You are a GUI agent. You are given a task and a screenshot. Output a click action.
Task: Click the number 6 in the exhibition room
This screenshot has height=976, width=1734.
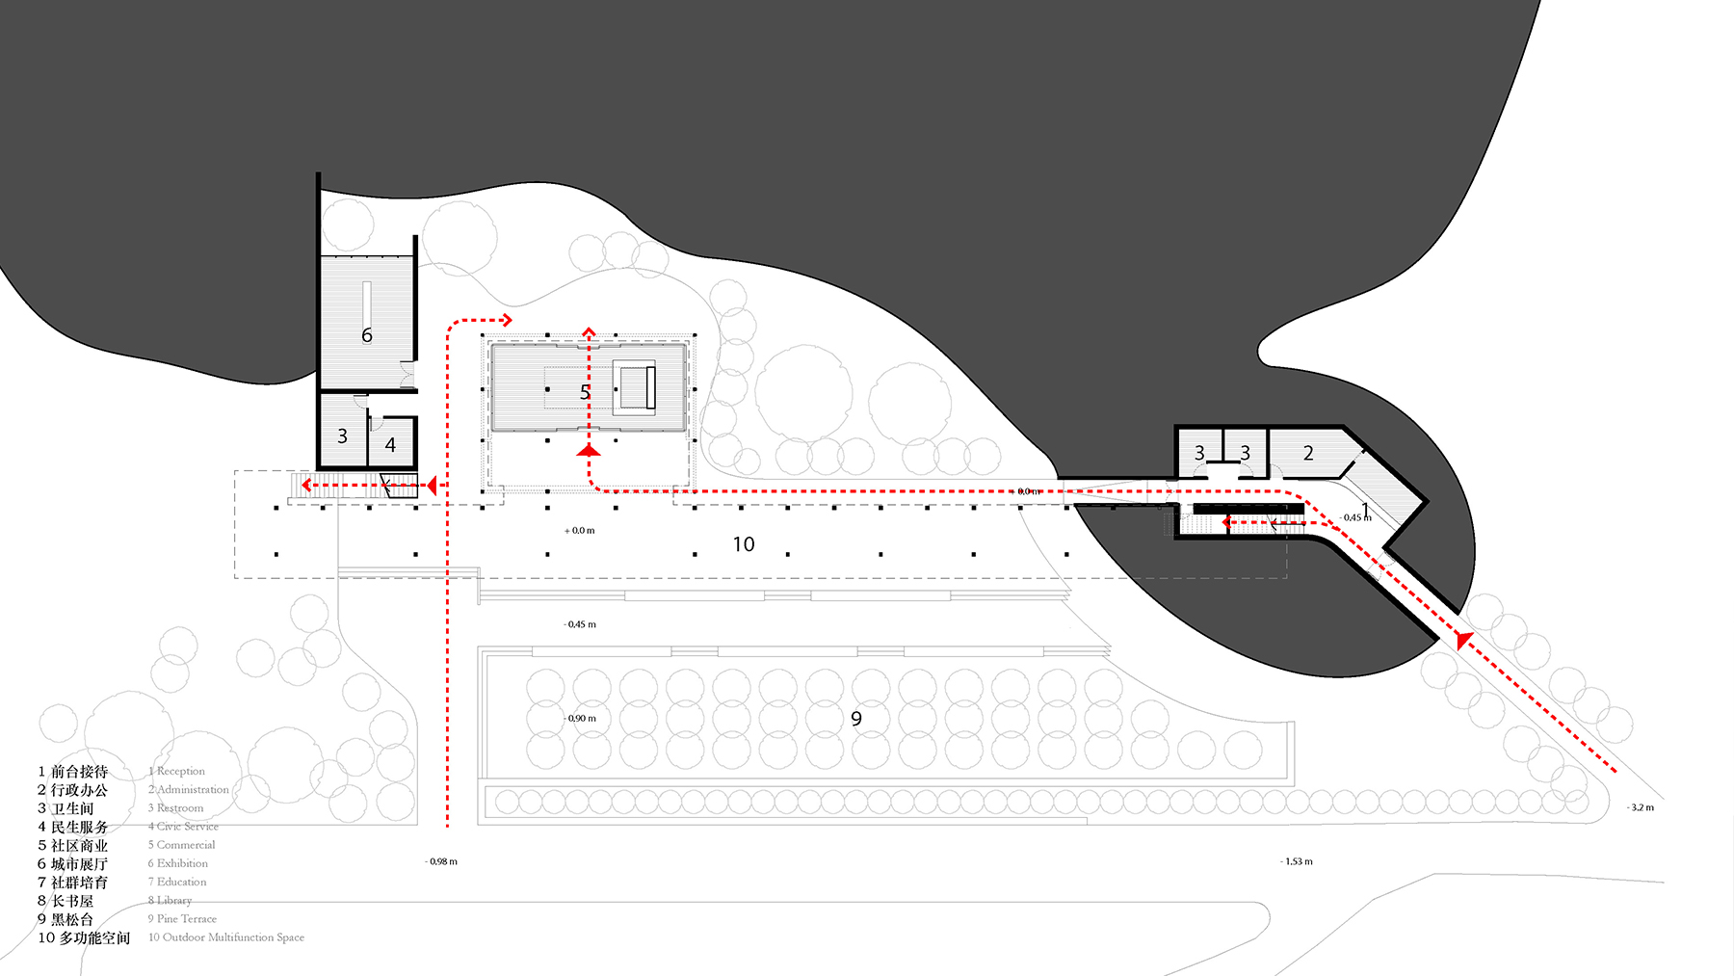click(366, 335)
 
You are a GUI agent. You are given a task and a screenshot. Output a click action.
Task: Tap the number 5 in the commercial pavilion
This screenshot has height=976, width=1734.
click(585, 392)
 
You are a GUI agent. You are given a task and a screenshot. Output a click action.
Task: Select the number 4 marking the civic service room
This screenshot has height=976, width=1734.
click(390, 445)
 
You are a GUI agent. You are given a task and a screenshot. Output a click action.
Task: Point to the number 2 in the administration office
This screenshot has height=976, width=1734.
click(1308, 453)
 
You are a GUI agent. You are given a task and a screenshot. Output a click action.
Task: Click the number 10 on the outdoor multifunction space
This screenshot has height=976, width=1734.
click(744, 544)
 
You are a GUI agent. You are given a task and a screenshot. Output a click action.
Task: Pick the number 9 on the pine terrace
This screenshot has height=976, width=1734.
click(856, 719)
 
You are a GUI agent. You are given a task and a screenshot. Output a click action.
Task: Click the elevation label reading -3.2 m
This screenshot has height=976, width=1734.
click(1642, 807)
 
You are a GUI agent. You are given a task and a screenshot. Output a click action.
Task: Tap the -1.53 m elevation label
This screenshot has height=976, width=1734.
click(1297, 861)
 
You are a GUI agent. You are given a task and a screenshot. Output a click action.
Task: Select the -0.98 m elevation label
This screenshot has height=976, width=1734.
click(441, 861)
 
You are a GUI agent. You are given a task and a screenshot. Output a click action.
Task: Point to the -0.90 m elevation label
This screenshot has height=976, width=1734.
click(580, 719)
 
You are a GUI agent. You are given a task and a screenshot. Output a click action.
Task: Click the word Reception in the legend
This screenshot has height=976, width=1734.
click(181, 771)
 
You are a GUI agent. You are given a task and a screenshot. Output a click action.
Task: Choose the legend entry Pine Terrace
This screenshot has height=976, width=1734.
click(186, 919)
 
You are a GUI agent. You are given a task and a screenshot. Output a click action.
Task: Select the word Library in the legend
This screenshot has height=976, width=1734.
click(174, 900)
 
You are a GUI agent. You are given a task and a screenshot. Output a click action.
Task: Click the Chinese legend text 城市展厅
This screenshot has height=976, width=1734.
click(79, 864)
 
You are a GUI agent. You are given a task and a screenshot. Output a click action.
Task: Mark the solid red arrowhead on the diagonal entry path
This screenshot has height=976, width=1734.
click(1464, 639)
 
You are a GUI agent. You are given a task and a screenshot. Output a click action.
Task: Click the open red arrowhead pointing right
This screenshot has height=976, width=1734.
click(506, 320)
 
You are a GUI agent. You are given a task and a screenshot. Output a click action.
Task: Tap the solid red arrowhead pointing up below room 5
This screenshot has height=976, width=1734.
click(589, 450)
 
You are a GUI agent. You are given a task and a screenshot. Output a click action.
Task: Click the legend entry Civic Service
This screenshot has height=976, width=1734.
click(187, 827)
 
